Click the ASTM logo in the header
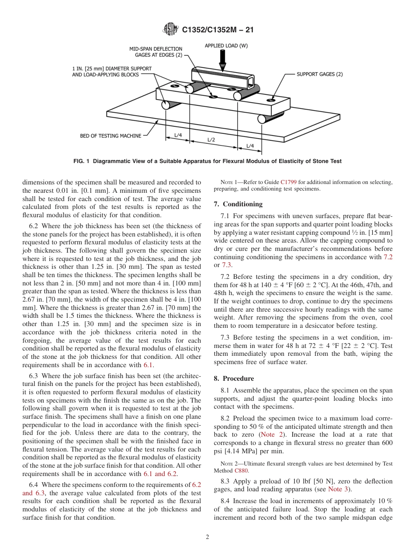(x=170, y=29)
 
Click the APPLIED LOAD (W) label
(x=226, y=45)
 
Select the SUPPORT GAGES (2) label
(x=320, y=74)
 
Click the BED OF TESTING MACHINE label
(x=111, y=136)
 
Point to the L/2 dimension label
(x=211, y=140)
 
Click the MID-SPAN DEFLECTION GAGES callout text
(x=156, y=52)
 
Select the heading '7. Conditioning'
(x=238, y=204)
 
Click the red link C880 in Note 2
(x=241, y=471)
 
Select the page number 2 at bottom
(x=207, y=537)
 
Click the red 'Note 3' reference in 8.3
(x=338, y=489)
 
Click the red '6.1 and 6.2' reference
(x=160, y=474)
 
